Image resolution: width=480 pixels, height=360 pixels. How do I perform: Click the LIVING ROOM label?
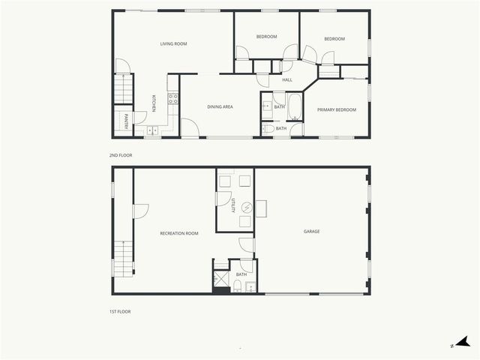(x=173, y=44)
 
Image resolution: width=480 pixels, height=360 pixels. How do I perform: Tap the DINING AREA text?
(x=220, y=107)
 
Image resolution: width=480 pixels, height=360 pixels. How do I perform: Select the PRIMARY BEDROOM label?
(x=336, y=110)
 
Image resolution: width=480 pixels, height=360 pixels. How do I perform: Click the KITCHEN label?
(x=154, y=103)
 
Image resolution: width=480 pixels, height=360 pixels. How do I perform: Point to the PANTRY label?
(x=125, y=121)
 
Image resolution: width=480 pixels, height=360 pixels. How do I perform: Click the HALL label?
(x=286, y=79)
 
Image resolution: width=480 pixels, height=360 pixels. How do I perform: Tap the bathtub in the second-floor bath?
(x=295, y=107)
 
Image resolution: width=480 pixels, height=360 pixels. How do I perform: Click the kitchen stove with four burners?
(x=172, y=98)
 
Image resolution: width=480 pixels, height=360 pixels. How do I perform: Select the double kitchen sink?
(x=152, y=130)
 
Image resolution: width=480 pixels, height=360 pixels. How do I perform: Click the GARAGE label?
(x=311, y=232)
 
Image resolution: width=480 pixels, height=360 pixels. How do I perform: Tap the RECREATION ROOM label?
(x=179, y=234)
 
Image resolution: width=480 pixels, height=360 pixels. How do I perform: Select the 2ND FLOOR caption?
(x=121, y=155)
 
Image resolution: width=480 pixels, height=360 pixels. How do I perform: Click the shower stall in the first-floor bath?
(x=221, y=280)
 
